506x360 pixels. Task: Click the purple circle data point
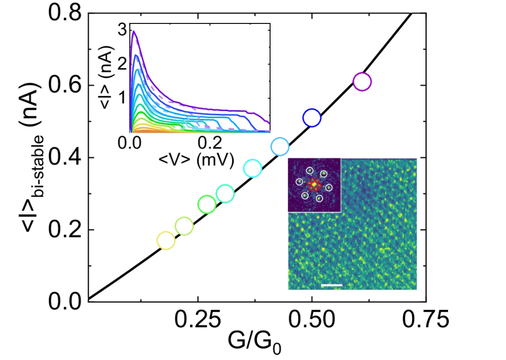(362, 81)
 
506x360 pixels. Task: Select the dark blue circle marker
(311, 118)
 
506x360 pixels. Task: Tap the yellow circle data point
(166, 240)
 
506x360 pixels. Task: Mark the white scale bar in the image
(332, 285)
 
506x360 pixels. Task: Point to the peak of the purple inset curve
(133, 31)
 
